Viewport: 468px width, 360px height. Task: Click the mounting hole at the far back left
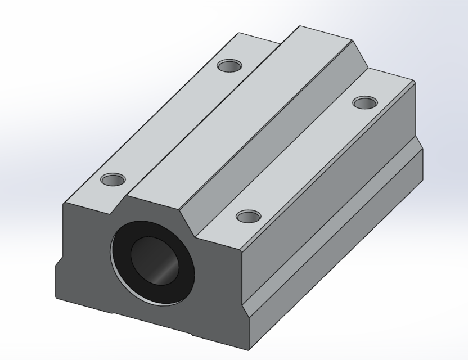229,66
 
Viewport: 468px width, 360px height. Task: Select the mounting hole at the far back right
364,102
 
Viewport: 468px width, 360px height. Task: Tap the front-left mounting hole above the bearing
113,180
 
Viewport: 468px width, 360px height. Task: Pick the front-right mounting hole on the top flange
248,216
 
